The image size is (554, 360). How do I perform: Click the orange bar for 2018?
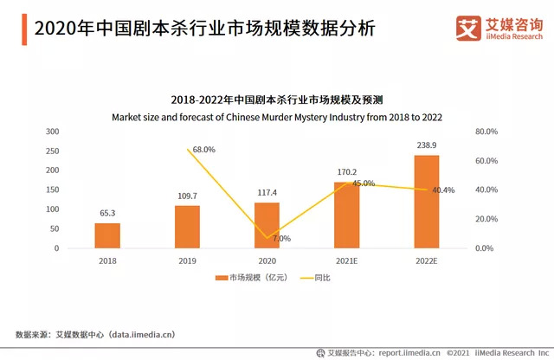(107, 235)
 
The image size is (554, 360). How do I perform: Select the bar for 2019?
(187, 227)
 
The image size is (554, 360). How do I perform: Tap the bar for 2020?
(267, 225)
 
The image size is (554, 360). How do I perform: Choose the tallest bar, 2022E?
(426, 202)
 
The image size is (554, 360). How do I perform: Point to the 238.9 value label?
(426, 145)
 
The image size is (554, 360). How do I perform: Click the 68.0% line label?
(203, 150)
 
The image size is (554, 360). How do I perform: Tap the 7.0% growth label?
(281, 238)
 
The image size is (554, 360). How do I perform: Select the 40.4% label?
(442, 190)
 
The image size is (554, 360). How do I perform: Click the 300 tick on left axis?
(53, 132)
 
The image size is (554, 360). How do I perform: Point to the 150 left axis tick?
(53, 190)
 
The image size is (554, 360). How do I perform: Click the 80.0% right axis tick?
(486, 132)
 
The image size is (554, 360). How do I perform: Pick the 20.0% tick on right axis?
(486, 219)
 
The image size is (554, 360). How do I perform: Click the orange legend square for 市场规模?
(221, 278)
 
